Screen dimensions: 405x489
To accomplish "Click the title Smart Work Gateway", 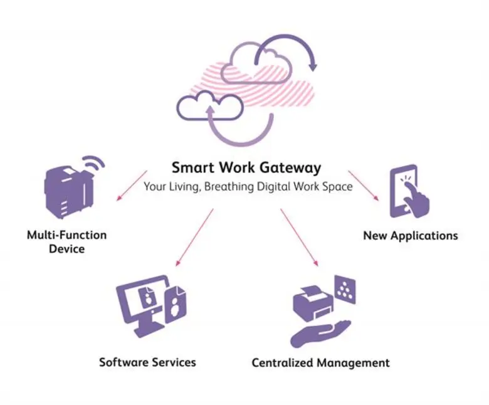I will [x=246, y=168].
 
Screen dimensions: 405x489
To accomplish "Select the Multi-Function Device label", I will [x=66, y=241].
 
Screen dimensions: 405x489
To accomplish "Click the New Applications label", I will [x=410, y=236].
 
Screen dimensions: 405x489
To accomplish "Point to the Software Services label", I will [x=147, y=362].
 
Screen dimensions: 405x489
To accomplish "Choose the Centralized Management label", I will [x=320, y=362].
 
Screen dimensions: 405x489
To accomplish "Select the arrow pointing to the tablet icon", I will [x=363, y=185].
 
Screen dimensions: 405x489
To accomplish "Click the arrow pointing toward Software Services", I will [x=194, y=237].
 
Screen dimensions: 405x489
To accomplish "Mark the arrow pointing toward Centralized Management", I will [x=300, y=237].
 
